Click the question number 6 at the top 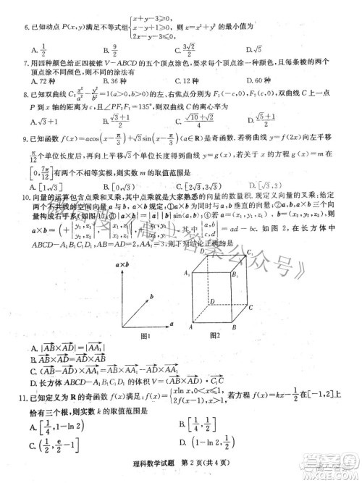pyautogui.click(x=25, y=26)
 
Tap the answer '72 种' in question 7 pyautogui.click(x=43, y=81)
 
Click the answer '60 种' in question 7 pyautogui.click(x=264, y=81)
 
